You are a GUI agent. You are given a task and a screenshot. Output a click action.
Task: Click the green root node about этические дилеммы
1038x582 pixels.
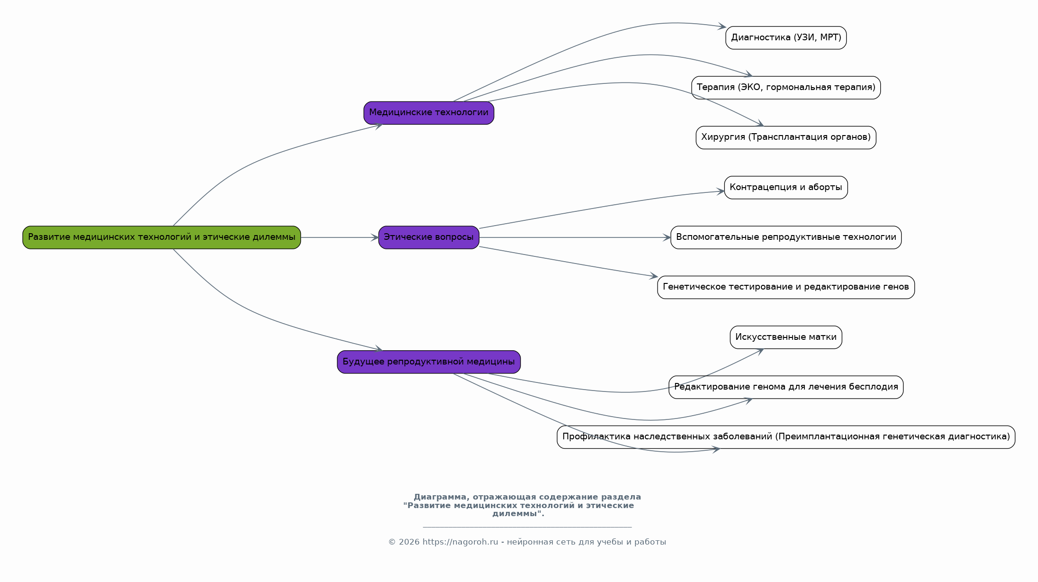[x=162, y=237]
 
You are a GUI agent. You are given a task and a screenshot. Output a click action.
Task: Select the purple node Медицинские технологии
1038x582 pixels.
[x=429, y=113]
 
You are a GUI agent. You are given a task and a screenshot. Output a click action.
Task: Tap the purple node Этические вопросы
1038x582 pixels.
[x=429, y=237]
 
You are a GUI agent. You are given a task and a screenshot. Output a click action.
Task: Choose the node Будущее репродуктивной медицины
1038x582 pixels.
[x=429, y=362]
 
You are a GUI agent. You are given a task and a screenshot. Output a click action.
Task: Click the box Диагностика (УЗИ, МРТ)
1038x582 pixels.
[x=786, y=38]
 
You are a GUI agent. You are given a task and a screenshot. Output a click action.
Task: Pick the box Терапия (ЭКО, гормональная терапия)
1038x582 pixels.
[x=786, y=88]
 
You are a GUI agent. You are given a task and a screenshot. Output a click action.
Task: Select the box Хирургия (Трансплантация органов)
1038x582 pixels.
[x=786, y=137]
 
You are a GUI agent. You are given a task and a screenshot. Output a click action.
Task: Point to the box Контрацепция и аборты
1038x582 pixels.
[x=786, y=188]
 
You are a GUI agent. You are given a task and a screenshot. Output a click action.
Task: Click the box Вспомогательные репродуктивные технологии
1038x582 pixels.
[x=786, y=237]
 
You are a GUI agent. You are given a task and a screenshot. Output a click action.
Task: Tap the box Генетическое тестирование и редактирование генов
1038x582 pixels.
[x=786, y=287]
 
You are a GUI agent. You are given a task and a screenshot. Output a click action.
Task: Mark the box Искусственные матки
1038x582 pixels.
[x=786, y=337]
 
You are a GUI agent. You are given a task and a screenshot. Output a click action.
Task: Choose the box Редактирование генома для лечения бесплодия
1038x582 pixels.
[x=786, y=387]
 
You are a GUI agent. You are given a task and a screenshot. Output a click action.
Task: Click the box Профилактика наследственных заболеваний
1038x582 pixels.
[x=786, y=437]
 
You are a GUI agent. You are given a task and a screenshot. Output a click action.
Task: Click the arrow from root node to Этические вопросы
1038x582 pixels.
[x=340, y=237]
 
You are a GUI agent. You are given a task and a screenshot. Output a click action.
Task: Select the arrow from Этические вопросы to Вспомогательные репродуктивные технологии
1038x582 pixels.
[x=575, y=237]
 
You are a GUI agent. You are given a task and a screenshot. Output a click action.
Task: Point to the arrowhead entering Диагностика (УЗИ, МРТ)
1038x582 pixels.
[x=722, y=27]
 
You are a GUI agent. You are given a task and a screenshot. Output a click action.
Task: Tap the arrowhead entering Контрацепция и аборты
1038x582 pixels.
[x=720, y=191]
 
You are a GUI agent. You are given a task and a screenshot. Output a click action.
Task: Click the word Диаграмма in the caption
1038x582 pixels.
[x=440, y=497]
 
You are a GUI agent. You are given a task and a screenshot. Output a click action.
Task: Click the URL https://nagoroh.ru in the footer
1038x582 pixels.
[x=460, y=542]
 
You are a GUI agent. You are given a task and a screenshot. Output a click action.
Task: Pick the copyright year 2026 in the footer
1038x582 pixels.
[x=409, y=542]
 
